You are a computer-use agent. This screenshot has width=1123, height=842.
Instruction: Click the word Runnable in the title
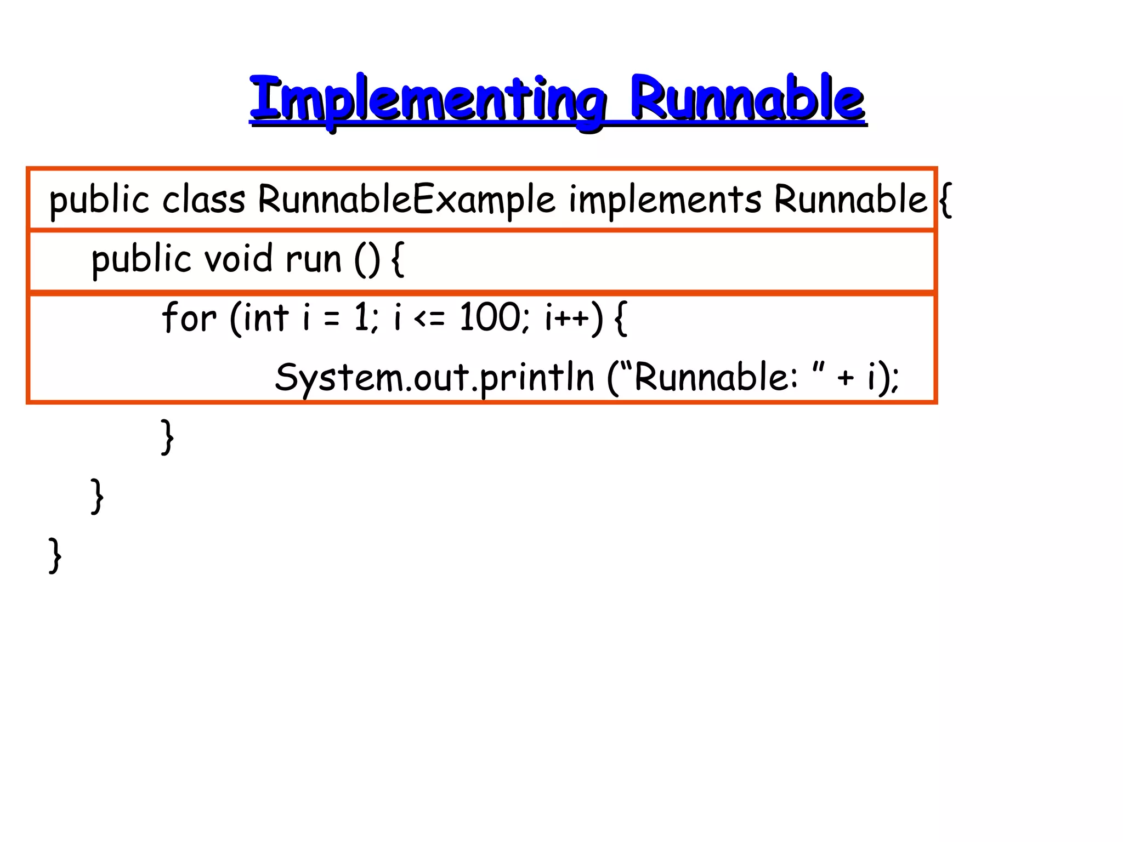(x=747, y=99)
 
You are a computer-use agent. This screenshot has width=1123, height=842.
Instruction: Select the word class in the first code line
(x=203, y=200)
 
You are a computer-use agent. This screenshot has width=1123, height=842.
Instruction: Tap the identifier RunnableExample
(x=406, y=200)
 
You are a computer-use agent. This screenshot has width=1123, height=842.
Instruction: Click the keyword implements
(x=665, y=200)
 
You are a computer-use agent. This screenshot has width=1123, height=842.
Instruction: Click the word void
(x=238, y=259)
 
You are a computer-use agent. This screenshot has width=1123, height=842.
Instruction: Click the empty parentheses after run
(x=367, y=260)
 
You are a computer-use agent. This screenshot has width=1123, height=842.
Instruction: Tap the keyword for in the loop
(x=189, y=317)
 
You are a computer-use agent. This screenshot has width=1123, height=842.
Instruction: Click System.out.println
(x=434, y=378)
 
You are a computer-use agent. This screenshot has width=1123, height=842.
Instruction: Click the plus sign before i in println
(x=845, y=378)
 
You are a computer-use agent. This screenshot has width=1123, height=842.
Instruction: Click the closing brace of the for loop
(x=167, y=437)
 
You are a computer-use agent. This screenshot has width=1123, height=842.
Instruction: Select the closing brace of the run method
(x=97, y=496)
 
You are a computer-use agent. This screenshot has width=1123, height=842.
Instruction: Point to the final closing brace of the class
(x=55, y=555)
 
